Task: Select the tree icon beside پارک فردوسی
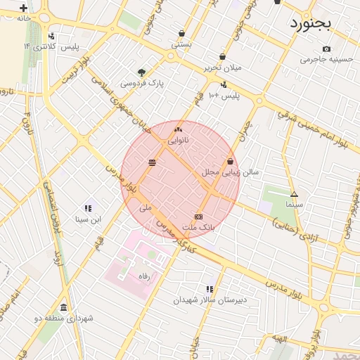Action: pyautogui.click(x=142, y=72)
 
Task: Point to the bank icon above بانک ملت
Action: pyautogui.click(x=198, y=217)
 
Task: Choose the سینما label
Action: pyautogui.click(x=294, y=205)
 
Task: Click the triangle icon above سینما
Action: pyautogui.click(x=294, y=193)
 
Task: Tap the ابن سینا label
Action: pyautogui.click(x=89, y=219)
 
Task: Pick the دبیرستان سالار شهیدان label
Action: pyautogui.click(x=211, y=300)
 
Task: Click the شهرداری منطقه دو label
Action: pyautogui.click(x=63, y=319)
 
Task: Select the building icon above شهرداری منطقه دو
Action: pyautogui.click(x=63, y=307)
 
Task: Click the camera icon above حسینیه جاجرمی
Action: pyautogui.click(x=326, y=49)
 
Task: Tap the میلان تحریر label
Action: pyautogui.click(x=222, y=67)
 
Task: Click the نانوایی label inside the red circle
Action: pyautogui.click(x=177, y=141)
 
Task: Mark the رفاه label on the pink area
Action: pyautogui.click(x=145, y=276)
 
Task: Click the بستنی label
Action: pyautogui.click(x=181, y=44)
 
